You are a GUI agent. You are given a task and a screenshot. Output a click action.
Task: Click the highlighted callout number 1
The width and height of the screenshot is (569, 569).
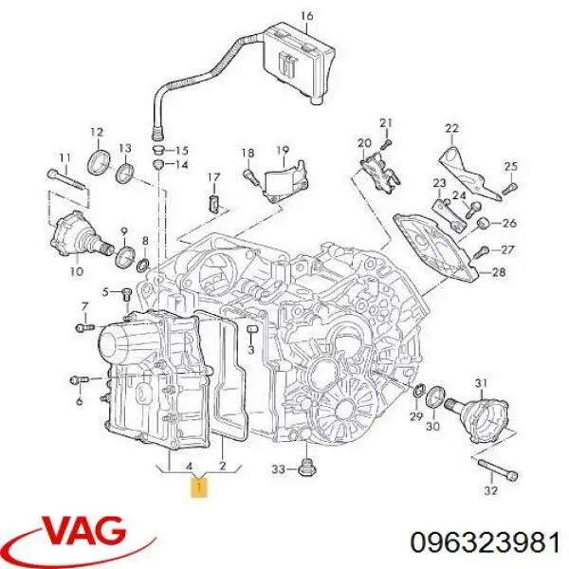(x=199, y=487)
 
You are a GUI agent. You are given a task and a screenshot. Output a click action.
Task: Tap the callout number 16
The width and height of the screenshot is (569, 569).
(x=306, y=16)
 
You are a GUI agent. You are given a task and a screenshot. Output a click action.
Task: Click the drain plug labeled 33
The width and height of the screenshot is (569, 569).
(x=306, y=468)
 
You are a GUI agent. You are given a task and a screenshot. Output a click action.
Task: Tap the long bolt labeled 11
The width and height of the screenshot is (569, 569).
(x=66, y=179)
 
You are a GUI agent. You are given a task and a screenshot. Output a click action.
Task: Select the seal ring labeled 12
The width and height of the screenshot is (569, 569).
(x=100, y=161)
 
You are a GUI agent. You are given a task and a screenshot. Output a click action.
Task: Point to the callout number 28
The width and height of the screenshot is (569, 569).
(x=498, y=271)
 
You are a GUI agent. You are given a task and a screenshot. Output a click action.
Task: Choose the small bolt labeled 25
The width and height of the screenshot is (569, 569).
(x=509, y=189)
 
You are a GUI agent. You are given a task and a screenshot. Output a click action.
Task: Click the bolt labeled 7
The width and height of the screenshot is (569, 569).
(x=85, y=328)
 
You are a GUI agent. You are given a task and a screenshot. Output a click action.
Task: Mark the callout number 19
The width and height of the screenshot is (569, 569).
(x=283, y=150)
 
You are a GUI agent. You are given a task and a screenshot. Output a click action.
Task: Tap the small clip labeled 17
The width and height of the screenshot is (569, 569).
(x=214, y=203)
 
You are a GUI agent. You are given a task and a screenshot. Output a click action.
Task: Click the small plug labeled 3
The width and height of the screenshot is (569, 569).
(x=251, y=329)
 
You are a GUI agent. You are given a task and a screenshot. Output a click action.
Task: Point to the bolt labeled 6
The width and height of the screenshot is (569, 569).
(x=79, y=380)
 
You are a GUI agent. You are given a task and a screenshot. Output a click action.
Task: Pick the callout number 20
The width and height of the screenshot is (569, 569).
(x=364, y=142)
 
